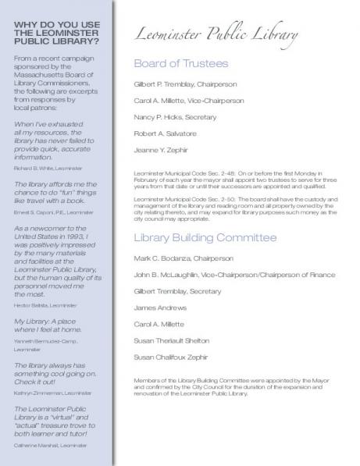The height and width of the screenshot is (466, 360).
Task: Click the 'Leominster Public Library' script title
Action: click(x=216, y=35)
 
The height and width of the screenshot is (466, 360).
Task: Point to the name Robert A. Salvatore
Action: click(x=165, y=133)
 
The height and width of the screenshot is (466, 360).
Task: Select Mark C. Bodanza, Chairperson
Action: click(x=184, y=258)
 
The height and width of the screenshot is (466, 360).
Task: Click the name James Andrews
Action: click(x=157, y=308)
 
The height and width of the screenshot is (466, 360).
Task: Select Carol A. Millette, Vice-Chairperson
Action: click(x=189, y=101)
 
